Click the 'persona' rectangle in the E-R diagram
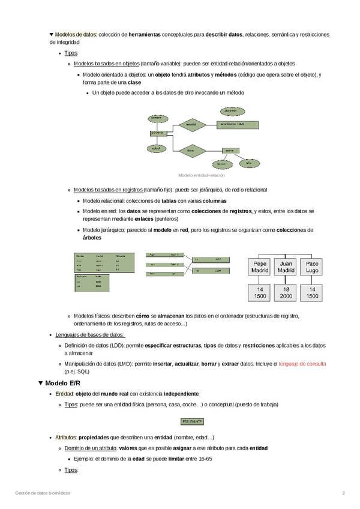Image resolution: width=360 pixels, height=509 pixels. [157, 133]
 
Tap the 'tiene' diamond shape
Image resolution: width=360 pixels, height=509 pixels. [191, 150]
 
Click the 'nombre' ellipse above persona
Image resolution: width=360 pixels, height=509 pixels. [155, 116]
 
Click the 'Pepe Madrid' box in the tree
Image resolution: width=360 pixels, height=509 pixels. [260, 267]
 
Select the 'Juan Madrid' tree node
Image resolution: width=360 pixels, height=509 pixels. [286, 267]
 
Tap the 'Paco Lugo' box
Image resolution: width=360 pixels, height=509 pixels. [313, 267]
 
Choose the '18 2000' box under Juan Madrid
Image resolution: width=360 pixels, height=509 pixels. [286, 293]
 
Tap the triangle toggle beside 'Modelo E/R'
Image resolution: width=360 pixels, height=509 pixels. [40, 382]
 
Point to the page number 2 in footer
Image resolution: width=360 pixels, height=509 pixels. [344, 493]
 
